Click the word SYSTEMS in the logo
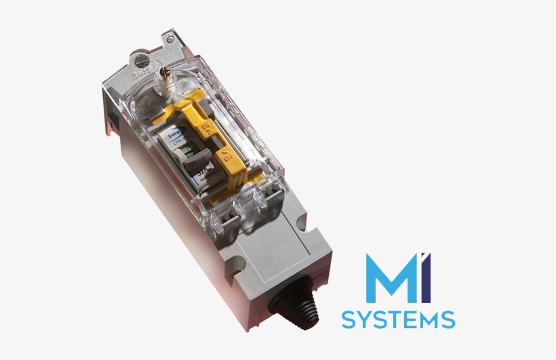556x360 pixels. (398, 319)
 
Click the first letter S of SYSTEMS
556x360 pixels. (347, 319)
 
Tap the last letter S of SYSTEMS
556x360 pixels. (448, 319)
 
